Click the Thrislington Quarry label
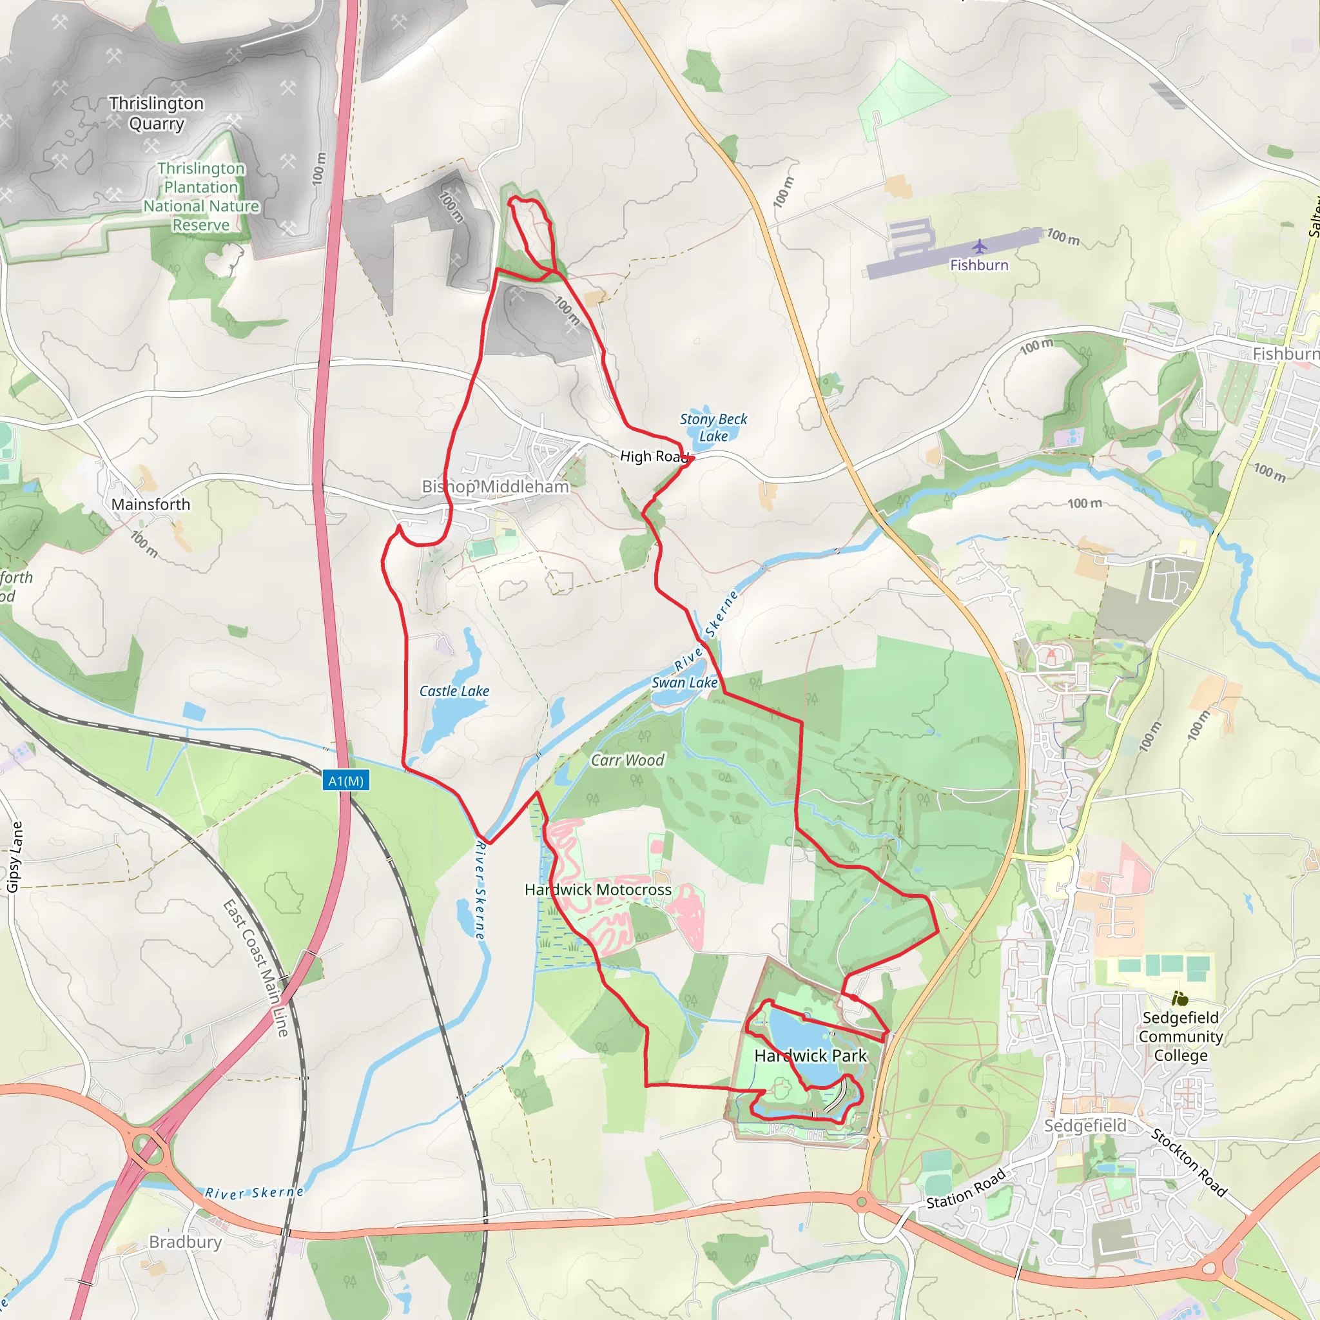(x=157, y=113)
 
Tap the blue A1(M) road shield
(x=345, y=781)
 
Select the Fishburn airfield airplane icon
(x=980, y=246)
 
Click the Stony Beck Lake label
(x=713, y=428)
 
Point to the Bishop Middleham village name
(x=496, y=487)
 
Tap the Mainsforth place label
(x=150, y=504)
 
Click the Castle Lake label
(x=454, y=691)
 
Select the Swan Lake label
(x=684, y=683)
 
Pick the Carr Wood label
(x=627, y=761)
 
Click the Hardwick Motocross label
(x=598, y=889)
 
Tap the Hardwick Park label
(x=810, y=1056)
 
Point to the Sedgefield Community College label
(x=1181, y=1036)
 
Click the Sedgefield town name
(x=1085, y=1125)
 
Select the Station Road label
(x=966, y=1188)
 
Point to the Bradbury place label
(x=185, y=1241)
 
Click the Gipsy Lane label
(x=14, y=857)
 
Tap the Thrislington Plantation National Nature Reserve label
(x=201, y=197)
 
